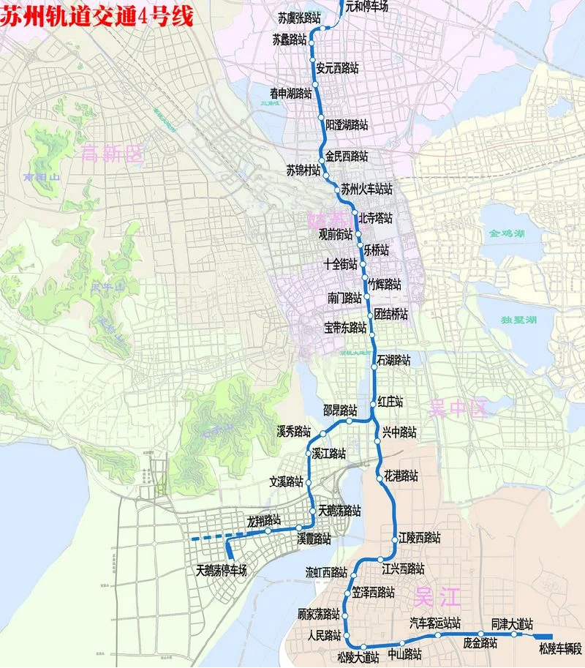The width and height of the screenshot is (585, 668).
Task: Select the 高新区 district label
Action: (x=113, y=153)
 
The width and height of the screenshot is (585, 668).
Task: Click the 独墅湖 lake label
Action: (x=519, y=320)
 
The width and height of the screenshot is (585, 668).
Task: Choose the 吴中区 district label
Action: (x=458, y=408)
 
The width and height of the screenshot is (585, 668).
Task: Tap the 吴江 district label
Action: (x=437, y=597)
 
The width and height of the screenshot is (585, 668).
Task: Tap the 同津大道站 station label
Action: (x=512, y=623)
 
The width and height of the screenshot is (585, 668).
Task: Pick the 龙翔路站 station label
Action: (x=264, y=521)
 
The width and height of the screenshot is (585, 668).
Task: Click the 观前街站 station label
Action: (x=335, y=236)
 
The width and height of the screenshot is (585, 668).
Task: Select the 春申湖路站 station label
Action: (x=290, y=93)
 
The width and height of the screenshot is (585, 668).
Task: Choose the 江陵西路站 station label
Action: (x=420, y=537)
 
